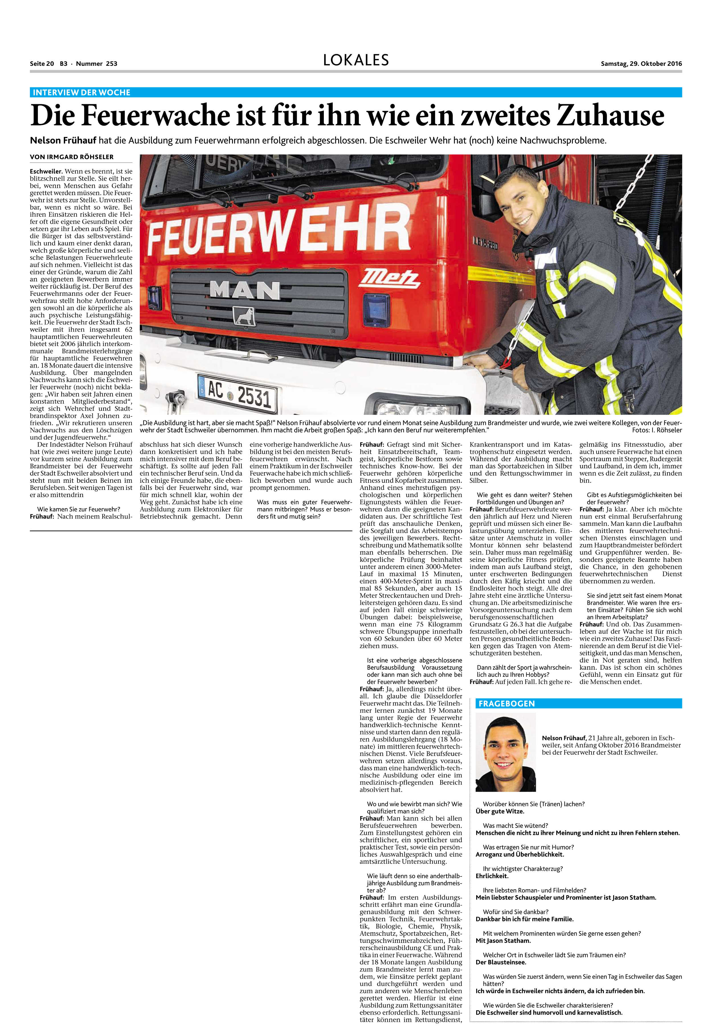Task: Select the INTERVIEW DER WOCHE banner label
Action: click(82, 92)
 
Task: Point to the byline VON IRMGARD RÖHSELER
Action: click(72, 157)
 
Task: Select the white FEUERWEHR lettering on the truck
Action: click(279, 231)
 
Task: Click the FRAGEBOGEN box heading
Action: click(506, 704)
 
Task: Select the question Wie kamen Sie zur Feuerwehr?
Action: click(79, 509)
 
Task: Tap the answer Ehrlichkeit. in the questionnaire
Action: click(492, 876)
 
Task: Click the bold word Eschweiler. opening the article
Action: click(47, 171)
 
